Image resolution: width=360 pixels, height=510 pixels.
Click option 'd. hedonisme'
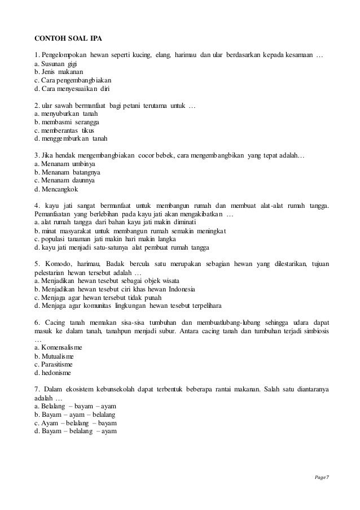click(53, 373)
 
